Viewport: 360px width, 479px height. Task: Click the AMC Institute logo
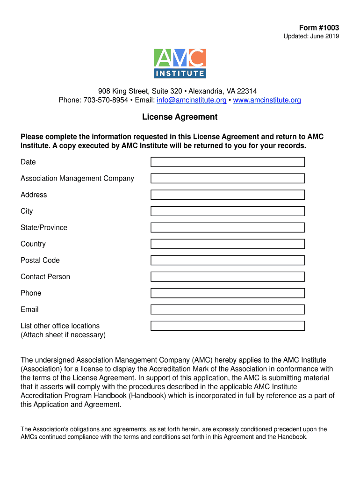pos(180,63)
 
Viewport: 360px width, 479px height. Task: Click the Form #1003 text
pos(319,28)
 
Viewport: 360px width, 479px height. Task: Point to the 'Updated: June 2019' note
pos(311,36)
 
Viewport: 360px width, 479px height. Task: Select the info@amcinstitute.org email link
pos(191,100)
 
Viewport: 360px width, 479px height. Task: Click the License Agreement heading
pos(180,117)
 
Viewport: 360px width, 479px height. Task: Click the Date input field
pos(227,162)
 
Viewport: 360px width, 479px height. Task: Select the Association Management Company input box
pos(227,178)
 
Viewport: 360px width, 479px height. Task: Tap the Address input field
pos(227,195)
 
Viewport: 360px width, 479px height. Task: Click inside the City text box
pos(227,211)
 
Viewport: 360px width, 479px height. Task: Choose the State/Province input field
pos(227,227)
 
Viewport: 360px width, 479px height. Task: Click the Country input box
pos(227,244)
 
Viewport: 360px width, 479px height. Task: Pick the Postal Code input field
pos(227,260)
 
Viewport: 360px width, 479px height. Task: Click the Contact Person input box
pos(227,276)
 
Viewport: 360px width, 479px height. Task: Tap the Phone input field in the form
pos(227,293)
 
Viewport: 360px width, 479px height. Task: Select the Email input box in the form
pos(227,309)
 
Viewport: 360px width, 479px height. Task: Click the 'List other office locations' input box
pos(227,326)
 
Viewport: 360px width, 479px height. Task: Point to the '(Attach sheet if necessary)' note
pos(63,335)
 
